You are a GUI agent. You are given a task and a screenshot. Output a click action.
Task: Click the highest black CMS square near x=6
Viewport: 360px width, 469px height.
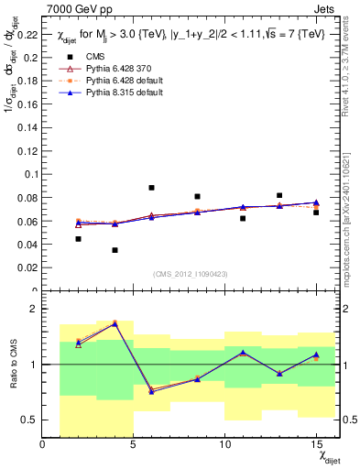point(151,188)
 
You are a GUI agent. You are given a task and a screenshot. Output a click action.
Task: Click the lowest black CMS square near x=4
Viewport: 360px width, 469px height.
point(115,250)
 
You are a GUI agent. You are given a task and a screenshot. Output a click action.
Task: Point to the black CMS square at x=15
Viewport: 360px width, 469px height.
point(316,212)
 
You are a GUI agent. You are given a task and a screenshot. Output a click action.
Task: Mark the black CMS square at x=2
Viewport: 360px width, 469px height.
point(78,239)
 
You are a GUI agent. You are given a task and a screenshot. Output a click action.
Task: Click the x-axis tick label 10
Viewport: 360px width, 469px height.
point(224,443)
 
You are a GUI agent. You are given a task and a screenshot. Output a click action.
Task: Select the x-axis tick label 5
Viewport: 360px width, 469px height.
point(134,443)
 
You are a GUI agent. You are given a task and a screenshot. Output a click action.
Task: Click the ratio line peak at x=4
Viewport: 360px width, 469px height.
point(115,323)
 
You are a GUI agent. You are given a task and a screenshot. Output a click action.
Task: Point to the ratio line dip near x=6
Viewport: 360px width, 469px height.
point(151,391)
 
